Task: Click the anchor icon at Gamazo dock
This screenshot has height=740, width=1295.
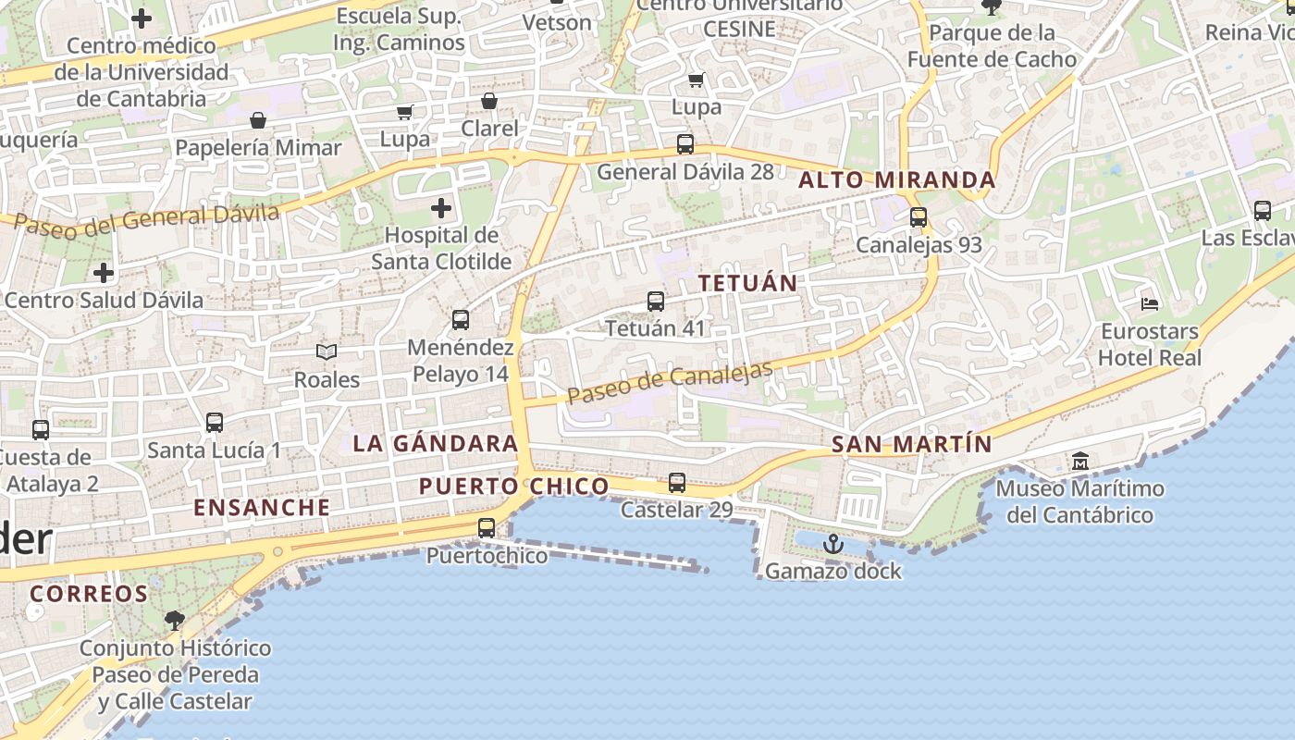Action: click(833, 544)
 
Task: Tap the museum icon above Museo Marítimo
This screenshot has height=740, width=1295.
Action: click(1079, 461)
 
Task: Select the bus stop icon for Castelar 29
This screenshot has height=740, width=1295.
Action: click(677, 483)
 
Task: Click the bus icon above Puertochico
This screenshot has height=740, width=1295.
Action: click(487, 528)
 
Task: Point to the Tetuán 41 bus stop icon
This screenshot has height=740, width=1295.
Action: click(656, 302)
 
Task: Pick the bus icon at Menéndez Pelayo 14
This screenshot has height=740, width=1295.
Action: click(461, 320)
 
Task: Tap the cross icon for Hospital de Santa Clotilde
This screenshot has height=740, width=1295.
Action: click(441, 207)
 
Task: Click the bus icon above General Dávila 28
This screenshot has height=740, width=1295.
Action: click(685, 144)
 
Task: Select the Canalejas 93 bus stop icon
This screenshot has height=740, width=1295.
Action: click(919, 217)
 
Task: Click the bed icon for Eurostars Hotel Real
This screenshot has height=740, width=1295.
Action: click(1150, 303)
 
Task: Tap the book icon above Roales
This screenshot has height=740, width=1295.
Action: click(327, 351)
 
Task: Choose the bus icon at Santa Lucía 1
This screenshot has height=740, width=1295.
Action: click(215, 423)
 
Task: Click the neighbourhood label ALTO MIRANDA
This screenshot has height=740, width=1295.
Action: click(896, 180)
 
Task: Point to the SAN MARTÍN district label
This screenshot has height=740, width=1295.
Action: click(911, 445)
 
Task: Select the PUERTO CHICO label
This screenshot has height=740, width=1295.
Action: click(514, 487)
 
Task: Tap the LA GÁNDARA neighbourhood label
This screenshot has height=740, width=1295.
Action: click(436, 443)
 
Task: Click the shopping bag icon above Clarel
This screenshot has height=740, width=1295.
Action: click(489, 101)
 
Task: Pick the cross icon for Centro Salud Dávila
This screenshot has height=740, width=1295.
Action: click(104, 273)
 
